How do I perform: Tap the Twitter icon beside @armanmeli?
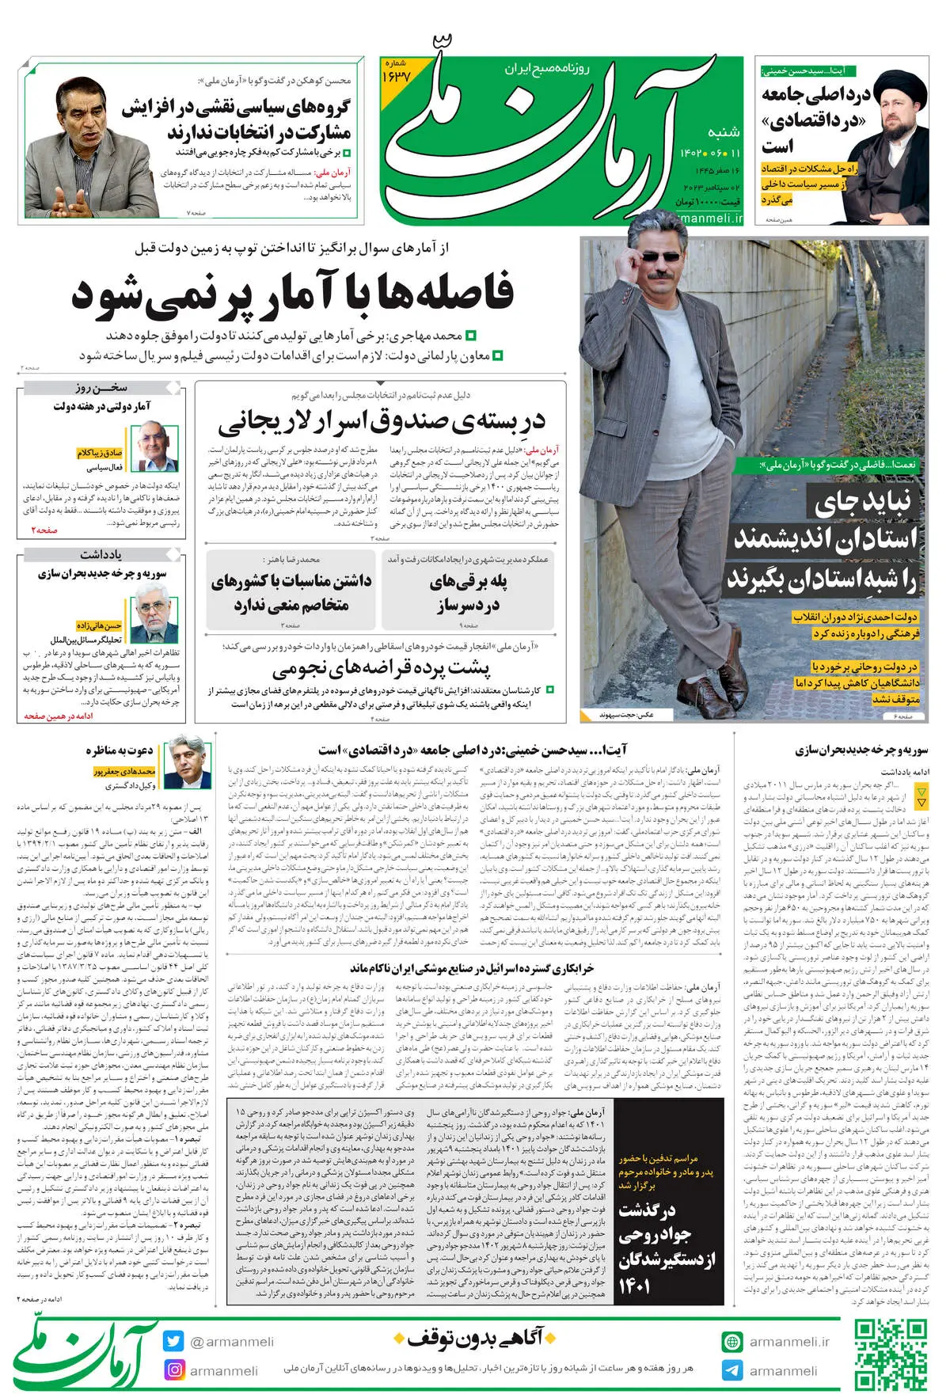click(x=173, y=1341)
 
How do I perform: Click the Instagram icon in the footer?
click(x=173, y=1370)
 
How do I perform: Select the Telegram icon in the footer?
click(x=732, y=1370)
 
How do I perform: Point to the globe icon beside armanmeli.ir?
click(x=732, y=1342)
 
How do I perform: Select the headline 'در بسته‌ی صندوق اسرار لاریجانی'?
click(x=382, y=421)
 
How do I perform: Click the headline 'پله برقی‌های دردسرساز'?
click(x=469, y=594)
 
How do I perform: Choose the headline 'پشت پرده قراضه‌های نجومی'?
click(x=382, y=670)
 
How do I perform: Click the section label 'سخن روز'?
click(x=101, y=388)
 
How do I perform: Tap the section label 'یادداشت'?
click(x=101, y=554)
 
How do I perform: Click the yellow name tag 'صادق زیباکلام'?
click(x=100, y=453)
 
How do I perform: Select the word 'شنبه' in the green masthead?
click(x=724, y=132)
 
